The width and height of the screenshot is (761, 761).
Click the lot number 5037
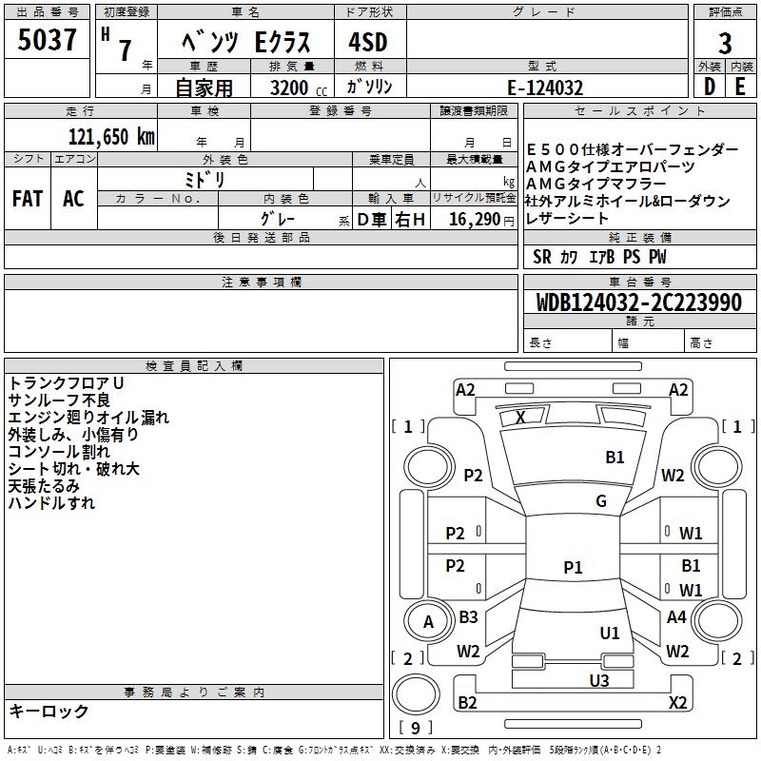(x=48, y=42)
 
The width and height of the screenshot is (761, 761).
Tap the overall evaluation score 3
(x=725, y=44)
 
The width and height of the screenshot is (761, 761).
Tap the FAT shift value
(x=28, y=198)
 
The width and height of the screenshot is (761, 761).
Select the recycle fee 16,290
(x=474, y=220)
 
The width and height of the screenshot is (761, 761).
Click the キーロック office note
(x=49, y=711)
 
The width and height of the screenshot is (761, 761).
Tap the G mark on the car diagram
(x=601, y=501)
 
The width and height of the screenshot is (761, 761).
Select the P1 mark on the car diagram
(x=573, y=567)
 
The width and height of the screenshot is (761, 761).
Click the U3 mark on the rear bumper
(x=599, y=679)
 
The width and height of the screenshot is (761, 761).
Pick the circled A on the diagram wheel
(x=428, y=622)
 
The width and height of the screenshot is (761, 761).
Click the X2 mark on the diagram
(x=677, y=703)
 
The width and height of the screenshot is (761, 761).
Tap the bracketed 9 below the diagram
(x=415, y=729)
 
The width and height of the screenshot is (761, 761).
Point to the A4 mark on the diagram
(x=676, y=617)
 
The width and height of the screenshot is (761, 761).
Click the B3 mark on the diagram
(x=468, y=617)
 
